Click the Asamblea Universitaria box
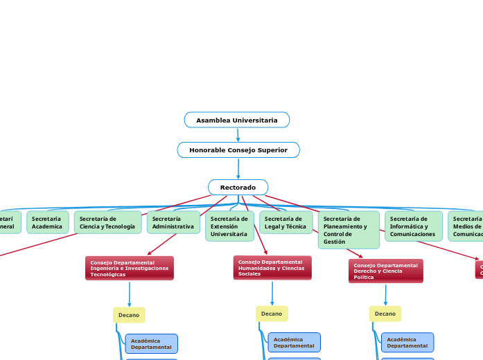click(237, 120)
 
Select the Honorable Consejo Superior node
click(238, 150)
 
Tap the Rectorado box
click(238, 188)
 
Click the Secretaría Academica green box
click(47, 222)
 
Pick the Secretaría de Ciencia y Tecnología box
click(107, 222)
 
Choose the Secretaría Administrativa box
click(173, 222)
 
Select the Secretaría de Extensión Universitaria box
click(229, 226)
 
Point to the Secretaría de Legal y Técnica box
click(286, 222)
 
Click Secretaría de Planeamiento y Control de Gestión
click(349, 230)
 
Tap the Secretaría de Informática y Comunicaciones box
click(413, 226)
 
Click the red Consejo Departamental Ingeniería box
click(130, 268)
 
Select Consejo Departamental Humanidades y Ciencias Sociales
click(272, 268)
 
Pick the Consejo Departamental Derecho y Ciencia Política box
click(385, 271)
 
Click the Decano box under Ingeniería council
click(129, 315)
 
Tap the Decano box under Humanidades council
click(272, 314)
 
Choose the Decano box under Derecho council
click(385, 314)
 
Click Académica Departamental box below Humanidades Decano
click(294, 343)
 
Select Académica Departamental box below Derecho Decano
click(407, 343)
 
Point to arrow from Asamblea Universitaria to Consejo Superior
click(238, 135)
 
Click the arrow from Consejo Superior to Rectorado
click(238, 168)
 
